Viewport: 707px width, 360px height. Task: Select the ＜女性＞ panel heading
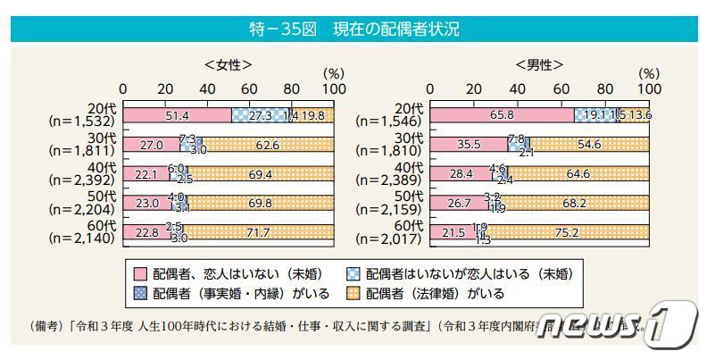point(228,64)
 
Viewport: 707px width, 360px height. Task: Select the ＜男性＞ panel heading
point(538,64)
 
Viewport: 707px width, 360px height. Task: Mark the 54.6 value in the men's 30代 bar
point(589,144)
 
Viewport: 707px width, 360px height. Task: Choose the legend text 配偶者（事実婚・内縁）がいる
point(241,293)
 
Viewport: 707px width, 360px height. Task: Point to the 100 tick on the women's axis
point(334,89)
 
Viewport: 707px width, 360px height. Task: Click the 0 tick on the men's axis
point(431,89)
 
